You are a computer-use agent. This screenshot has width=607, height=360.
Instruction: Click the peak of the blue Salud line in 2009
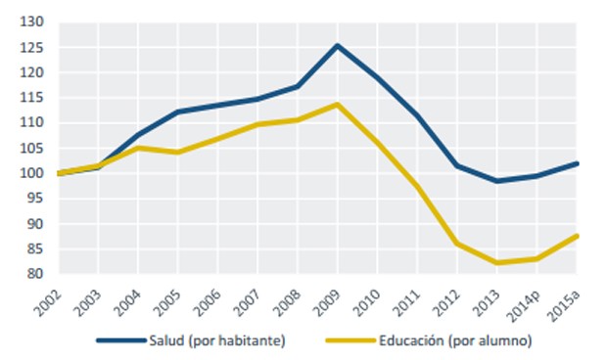[x=337, y=45]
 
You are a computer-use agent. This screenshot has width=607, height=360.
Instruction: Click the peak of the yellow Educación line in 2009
[x=337, y=104]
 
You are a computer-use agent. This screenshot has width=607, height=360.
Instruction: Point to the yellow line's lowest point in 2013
[x=497, y=262]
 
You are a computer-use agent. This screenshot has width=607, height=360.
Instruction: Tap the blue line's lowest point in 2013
[x=497, y=181]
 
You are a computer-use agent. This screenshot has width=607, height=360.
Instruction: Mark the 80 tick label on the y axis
[x=35, y=275]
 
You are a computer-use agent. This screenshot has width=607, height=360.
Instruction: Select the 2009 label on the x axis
[x=330, y=300]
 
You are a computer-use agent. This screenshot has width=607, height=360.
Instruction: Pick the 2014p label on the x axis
[x=527, y=302]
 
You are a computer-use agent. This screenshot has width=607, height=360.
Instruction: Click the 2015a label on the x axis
[x=567, y=302]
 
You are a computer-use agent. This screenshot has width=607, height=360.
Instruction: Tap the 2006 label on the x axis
[x=210, y=300]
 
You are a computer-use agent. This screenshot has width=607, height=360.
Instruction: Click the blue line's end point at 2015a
[x=577, y=163]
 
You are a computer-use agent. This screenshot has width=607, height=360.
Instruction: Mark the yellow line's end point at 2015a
[x=577, y=236]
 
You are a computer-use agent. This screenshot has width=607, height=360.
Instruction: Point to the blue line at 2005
[x=177, y=112]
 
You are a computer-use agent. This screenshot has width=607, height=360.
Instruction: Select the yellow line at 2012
[x=457, y=244]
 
